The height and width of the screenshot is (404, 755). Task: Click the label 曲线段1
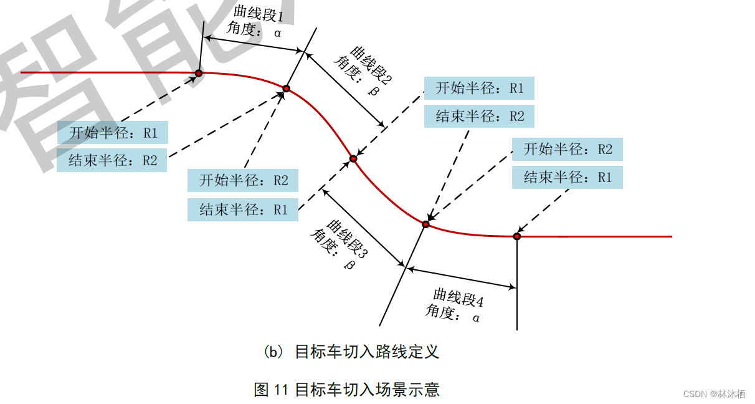tap(258, 14)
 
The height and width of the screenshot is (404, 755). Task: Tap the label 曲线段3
tap(347, 239)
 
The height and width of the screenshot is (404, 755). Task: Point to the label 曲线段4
tap(459, 297)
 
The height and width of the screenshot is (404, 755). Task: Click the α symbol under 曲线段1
tap(277, 32)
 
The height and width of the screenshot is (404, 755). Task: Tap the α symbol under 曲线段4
tap(476, 317)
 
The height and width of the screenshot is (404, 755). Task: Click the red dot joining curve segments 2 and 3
tap(353, 158)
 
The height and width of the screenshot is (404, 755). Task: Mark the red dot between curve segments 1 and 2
tap(287, 89)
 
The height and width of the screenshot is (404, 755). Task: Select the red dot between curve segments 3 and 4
tap(427, 224)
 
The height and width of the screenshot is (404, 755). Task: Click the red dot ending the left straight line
tap(199, 73)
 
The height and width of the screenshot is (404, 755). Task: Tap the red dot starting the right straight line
tap(517, 236)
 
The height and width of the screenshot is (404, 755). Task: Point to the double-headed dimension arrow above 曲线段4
tap(462, 278)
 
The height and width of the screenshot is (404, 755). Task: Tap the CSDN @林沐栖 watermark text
tap(714, 394)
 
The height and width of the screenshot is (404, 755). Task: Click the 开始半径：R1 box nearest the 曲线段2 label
tap(479, 88)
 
